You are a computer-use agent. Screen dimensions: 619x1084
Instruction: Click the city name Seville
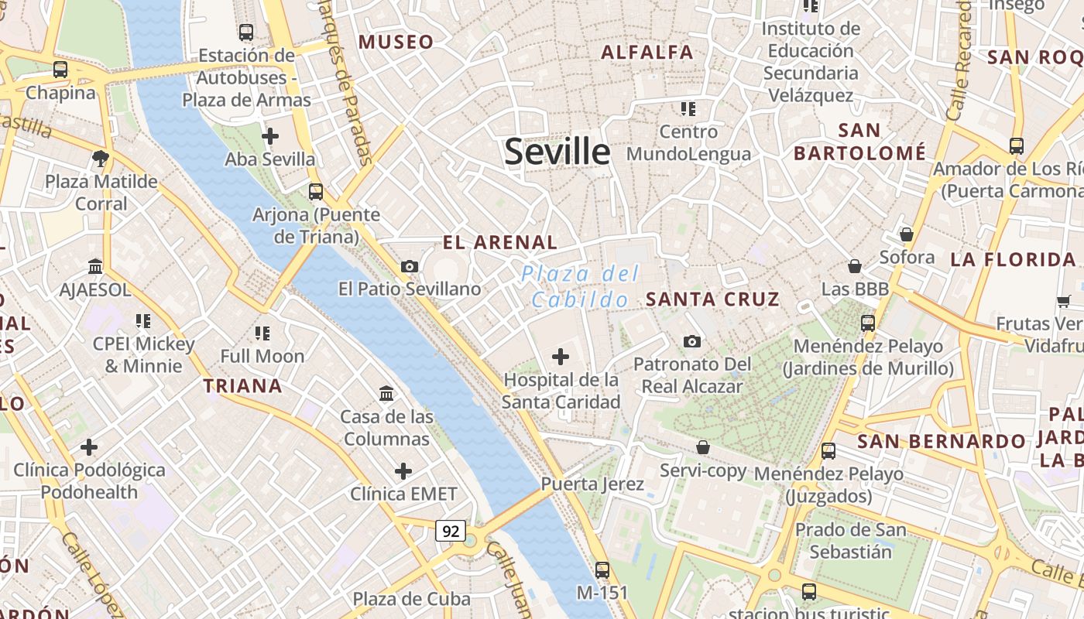(557, 151)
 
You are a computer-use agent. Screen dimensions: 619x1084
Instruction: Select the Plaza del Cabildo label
(580, 286)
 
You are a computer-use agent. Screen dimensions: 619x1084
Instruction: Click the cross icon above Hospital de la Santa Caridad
(561, 357)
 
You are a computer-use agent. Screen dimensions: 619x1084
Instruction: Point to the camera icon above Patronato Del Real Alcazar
(692, 341)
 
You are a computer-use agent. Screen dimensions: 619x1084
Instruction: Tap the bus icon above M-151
(602, 570)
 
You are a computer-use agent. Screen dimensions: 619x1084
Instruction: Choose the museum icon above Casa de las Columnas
(386, 393)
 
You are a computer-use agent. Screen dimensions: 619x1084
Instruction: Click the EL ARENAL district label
(499, 242)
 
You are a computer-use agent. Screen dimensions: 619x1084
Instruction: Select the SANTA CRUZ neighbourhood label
(712, 299)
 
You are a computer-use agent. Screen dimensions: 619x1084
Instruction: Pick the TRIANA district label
(242, 385)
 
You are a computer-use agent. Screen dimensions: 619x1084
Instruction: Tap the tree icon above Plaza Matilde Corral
(100, 159)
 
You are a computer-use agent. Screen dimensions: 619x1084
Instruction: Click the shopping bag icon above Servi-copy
(703, 447)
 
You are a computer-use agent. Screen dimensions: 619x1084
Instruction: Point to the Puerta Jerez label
(592, 484)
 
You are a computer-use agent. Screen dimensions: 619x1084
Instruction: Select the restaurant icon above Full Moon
(262, 333)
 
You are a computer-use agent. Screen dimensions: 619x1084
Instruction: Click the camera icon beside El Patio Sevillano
(410, 266)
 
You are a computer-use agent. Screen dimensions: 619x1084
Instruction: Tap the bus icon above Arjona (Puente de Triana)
(316, 191)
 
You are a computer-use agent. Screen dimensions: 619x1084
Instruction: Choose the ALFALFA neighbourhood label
(647, 53)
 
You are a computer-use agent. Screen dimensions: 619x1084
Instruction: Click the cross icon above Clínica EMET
(403, 470)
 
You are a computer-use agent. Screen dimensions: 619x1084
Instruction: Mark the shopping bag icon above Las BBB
(855, 266)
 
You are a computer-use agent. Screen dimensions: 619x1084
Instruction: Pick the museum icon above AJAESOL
(95, 267)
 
